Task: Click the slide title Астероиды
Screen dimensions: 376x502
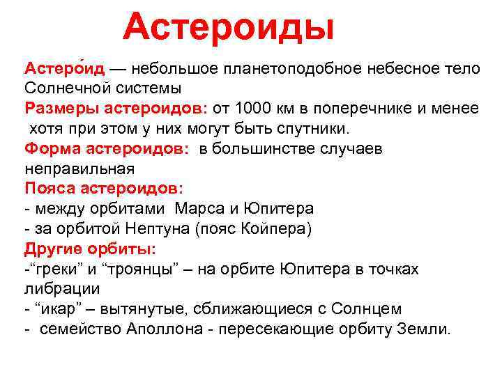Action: point(228,26)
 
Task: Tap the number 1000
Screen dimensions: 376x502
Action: point(252,109)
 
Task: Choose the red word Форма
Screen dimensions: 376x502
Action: point(51,149)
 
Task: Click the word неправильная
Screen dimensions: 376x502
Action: point(79,169)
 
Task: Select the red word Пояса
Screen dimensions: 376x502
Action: point(50,189)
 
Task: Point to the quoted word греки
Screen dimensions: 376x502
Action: point(56,269)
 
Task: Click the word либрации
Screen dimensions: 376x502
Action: point(62,288)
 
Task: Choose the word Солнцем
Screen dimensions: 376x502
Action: point(369,308)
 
